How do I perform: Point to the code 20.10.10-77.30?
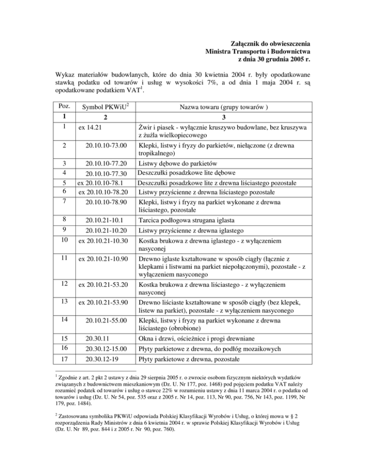105,173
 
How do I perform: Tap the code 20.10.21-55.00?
105,322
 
